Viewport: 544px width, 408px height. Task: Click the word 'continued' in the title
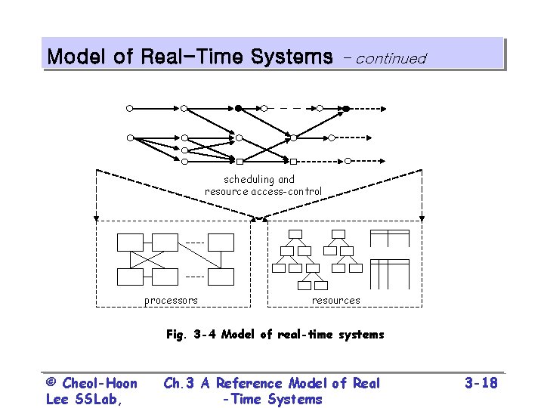point(391,58)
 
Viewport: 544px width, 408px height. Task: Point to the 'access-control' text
point(286,191)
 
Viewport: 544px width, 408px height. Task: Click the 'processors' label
point(171,300)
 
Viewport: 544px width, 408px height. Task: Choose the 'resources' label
point(336,300)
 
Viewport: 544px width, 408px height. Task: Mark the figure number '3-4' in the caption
point(204,334)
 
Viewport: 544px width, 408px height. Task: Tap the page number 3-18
point(481,383)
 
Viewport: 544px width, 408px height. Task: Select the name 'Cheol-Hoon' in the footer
point(100,383)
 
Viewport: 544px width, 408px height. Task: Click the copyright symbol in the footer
point(51,383)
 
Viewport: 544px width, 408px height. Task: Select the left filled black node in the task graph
point(238,108)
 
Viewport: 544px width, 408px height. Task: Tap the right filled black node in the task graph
point(346,108)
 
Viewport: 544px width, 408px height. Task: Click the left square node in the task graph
point(240,162)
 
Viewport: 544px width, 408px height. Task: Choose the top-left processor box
point(130,242)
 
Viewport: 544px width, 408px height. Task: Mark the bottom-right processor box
point(221,277)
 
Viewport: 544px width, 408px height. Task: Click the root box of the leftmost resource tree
point(295,233)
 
